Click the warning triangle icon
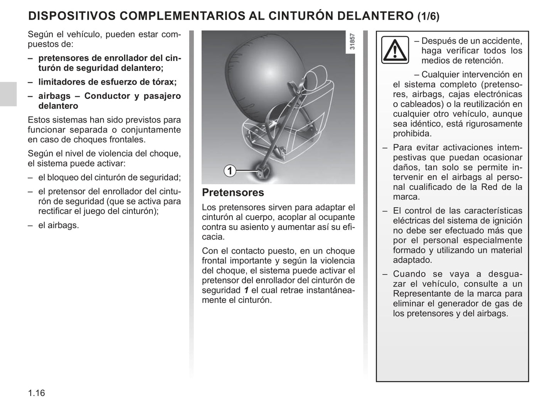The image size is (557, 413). [395, 50]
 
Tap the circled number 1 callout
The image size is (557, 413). [230, 171]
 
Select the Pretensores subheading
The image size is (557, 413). [233, 192]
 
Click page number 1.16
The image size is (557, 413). [36, 393]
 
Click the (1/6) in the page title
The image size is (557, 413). [428, 16]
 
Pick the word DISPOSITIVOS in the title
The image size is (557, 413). [72, 16]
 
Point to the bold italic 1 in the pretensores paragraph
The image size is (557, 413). [246, 290]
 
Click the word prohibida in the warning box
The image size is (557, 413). [412, 134]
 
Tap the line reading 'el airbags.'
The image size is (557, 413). [58, 225]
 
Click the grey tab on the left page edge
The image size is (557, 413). [8, 94]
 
